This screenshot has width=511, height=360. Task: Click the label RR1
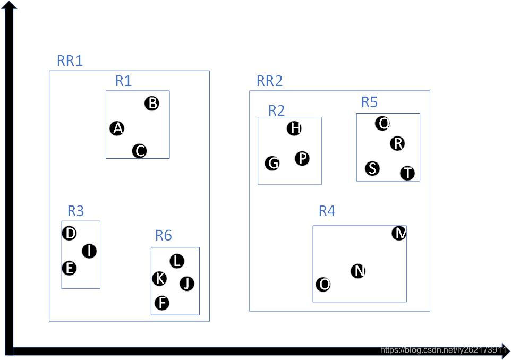tap(70, 61)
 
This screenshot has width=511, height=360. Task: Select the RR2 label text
tap(269, 81)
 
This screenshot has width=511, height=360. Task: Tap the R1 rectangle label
tap(123, 81)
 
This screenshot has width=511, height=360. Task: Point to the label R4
tap(327, 211)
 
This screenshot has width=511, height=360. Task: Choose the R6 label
tap(163, 235)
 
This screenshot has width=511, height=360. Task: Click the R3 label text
tap(75, 211)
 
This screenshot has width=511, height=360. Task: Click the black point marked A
tap(117, 128)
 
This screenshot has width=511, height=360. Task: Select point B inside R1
tap(152, 103)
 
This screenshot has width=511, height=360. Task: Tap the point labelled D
tap(69, 233)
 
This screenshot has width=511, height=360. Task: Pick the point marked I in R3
tap(89, 251)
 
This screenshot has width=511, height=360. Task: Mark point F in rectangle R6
tap(162, 303)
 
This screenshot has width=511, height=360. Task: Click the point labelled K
tap(159, 278)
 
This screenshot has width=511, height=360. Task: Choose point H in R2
tap(294, 128)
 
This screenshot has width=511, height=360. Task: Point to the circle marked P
tap(302, 158)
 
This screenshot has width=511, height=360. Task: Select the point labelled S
tap(373, 168)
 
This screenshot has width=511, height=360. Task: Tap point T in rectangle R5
tap(407, 173)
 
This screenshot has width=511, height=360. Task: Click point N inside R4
tap(359, 271)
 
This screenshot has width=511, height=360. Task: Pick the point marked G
tap(272, 163)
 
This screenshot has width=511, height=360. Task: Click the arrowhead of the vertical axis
tap(9, 5)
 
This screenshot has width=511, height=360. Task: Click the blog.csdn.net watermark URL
tap(444, 349)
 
